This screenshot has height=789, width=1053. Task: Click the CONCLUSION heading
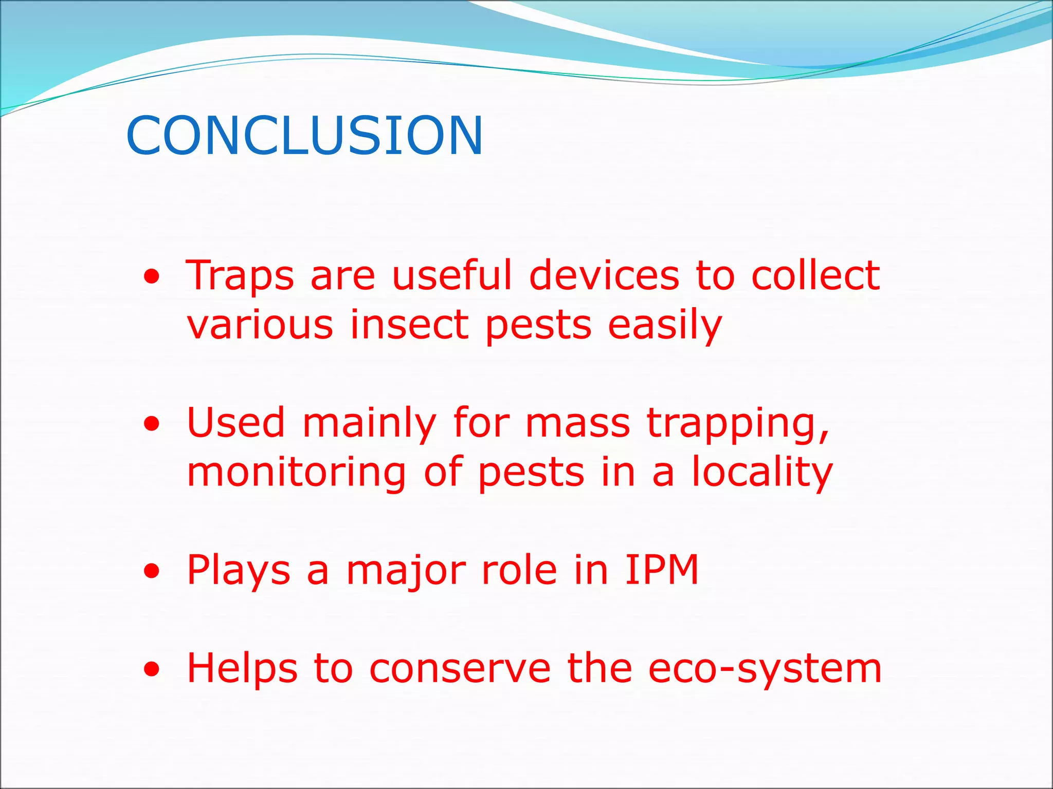tap(304, 136)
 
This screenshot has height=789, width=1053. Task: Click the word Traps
tap(240, 276)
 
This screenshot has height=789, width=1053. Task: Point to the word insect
tap(409, 325)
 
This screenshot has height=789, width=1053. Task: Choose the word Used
tap(236, 422)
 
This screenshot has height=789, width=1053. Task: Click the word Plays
tap(239, 570)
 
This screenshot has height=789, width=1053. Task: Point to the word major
tap(405, 570)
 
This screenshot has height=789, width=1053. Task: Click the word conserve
tap(460, 669)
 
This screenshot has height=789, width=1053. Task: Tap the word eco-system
tap(765, 669)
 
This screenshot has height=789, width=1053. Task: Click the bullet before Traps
tap(152, 278)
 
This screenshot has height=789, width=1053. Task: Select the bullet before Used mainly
tap(152, 424)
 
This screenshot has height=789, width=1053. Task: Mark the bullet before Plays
tap(152, 571)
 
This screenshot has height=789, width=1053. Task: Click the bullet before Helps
tap(152, 669)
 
